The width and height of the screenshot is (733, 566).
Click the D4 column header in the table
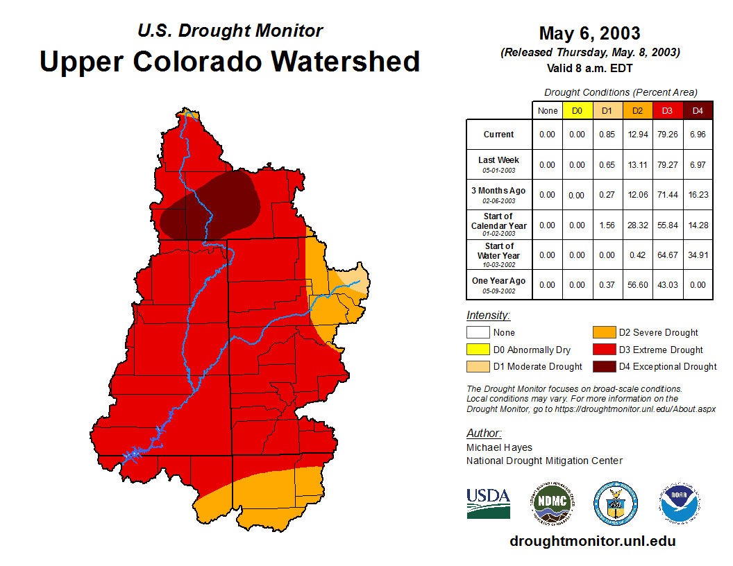coord(698,110)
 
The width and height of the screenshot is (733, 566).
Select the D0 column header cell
coord(578,110)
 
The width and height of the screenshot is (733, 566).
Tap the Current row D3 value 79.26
coord(668,135)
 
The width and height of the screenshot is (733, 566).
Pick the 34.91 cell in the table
coord(698,255)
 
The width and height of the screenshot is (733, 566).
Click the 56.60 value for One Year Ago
coord(638,285)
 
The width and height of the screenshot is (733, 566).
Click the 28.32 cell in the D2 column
coord(638,225)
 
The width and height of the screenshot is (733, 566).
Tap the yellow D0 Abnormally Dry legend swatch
coord(478,350)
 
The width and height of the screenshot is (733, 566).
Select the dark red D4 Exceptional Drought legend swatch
coord(603,366)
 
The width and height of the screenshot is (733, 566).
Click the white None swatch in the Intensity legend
coord(478,333)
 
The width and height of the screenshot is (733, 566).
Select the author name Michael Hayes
coord(499,447)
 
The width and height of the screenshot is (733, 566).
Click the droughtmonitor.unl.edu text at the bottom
coord(592,541)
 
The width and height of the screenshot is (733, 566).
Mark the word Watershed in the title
coord(346,61)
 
